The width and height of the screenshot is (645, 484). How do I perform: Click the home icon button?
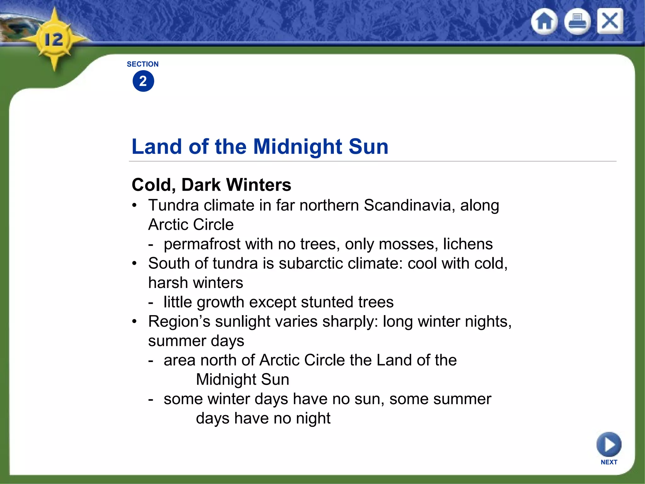[544, 21]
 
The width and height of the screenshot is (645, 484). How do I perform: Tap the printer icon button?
[577, 21]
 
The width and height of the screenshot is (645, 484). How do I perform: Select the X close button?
[610, 21]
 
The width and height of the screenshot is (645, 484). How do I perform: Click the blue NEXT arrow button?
[609, 445]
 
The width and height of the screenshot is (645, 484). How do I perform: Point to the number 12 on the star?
[54, 40]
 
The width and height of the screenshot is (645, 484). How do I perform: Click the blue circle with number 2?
[143, 81]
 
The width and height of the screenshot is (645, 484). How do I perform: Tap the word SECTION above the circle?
[143, 64]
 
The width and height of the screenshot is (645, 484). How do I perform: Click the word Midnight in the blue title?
[298, 147]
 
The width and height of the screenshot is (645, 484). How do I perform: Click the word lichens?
[468, 244]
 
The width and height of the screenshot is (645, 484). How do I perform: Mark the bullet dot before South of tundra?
[135, 263]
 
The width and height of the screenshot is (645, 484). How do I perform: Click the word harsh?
[168, 283]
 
